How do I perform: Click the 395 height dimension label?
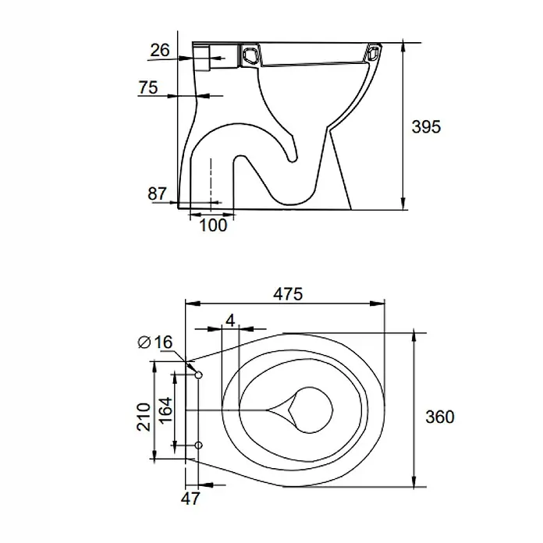pyautogui.click(x=426, y=126)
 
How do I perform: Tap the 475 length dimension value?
pyautogui.click(x=288, y=294)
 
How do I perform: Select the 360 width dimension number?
pyautogui.click(x=440, y=417)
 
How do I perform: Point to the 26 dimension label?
pyautogui.click(x=160, y=50)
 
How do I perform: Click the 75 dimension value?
pyautogui.click(x=148, y=87)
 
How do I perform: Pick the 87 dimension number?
pyautogui.click(x=158, y=194)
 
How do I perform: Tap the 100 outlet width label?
pyautogui.click(x=213, y=225)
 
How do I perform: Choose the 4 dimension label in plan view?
pyautogui.click(x=230, y=321)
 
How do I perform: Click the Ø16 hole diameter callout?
pyautogui.click(x=155, y=342)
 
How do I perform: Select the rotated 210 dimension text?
pyautogui.click(x=144, y=417)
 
